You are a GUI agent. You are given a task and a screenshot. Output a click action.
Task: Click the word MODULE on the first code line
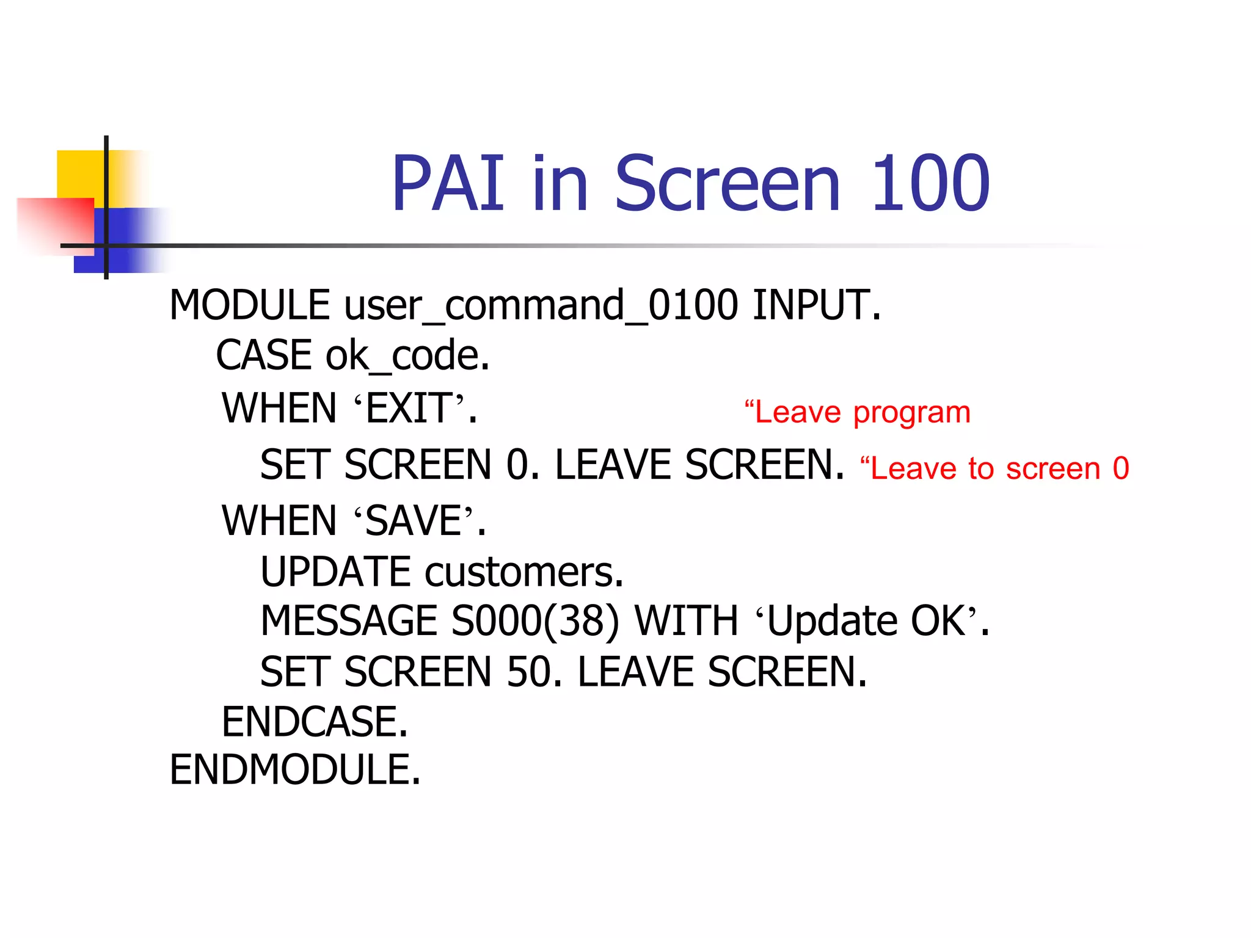250,305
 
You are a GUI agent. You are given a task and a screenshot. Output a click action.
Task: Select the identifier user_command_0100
541,305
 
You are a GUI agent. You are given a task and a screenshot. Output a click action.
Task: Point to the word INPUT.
817,305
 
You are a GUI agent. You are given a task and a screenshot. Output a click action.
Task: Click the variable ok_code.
407,355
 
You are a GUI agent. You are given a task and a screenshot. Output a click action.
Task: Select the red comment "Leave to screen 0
994,469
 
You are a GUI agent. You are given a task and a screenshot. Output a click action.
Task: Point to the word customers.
524,572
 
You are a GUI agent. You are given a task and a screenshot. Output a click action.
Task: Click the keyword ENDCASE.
315,722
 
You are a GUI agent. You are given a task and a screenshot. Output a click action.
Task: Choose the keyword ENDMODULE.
295,769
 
